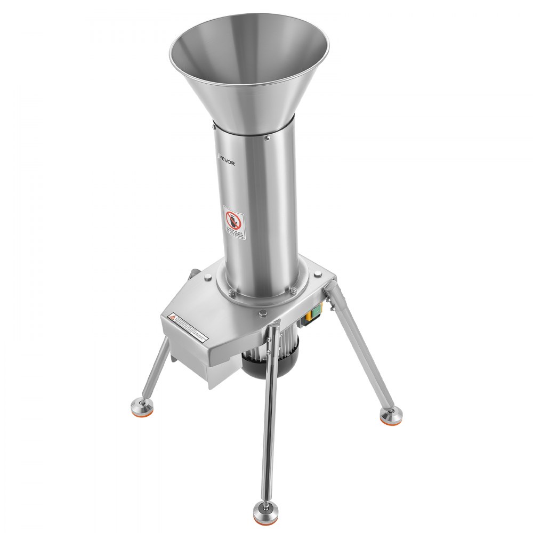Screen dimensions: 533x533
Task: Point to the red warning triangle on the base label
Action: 173,317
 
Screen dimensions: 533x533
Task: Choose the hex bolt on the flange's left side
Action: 231,292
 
